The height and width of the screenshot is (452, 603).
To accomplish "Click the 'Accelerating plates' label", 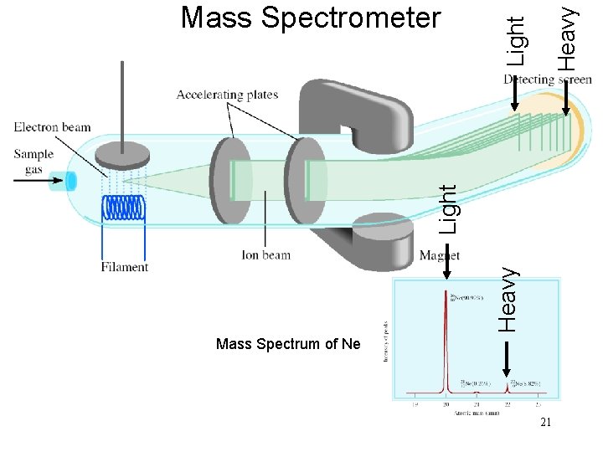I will point(227,95).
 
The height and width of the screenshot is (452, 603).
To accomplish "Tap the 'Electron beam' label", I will point(53,128).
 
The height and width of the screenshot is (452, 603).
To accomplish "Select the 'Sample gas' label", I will point(33,161).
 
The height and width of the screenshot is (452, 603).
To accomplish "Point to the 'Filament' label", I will point(125,267).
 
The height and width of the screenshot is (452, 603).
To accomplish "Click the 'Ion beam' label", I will point(265,254).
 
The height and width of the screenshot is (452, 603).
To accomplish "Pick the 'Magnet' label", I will point(439,254).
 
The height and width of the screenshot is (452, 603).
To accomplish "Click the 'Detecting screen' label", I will point(548,80).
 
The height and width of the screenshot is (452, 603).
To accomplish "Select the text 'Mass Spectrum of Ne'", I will point(287,344).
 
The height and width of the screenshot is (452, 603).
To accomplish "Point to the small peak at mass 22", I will point(508,386).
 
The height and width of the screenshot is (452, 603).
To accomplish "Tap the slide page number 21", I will point(546,423).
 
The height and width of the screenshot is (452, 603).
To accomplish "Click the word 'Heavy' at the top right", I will point(569,38).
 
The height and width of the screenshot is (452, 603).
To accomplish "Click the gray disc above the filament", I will point(122,154).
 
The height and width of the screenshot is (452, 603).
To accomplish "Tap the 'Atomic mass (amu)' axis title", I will point(478,413).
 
